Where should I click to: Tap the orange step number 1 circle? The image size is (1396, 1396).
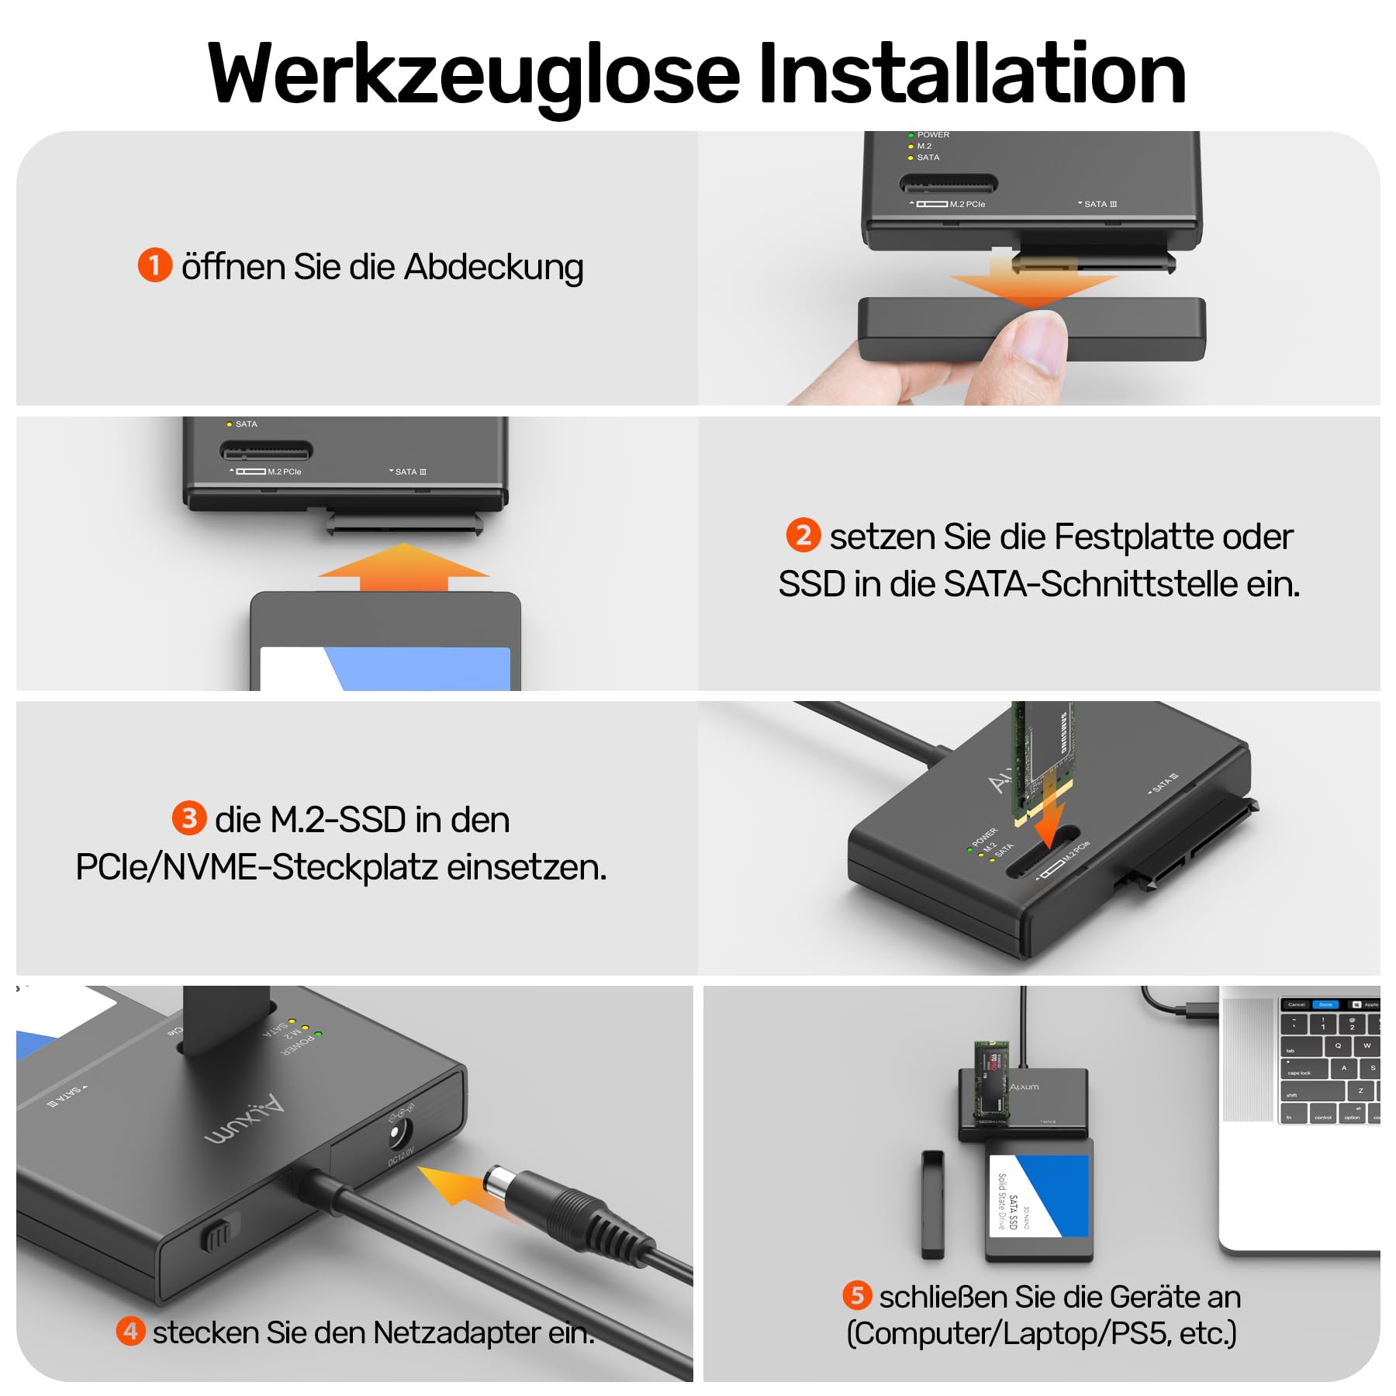[x=154, y=265]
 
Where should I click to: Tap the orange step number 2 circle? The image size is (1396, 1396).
[x=803, y=535]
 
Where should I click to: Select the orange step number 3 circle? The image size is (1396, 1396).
[x=188, y=818]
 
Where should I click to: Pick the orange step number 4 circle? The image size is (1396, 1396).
[x=130, y=1331]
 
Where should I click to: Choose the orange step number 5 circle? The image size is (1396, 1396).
[x=857, y=1295]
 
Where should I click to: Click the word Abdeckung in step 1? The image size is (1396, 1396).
[x=493, y=267]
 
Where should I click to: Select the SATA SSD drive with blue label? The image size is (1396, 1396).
[x=1039, y=1198]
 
